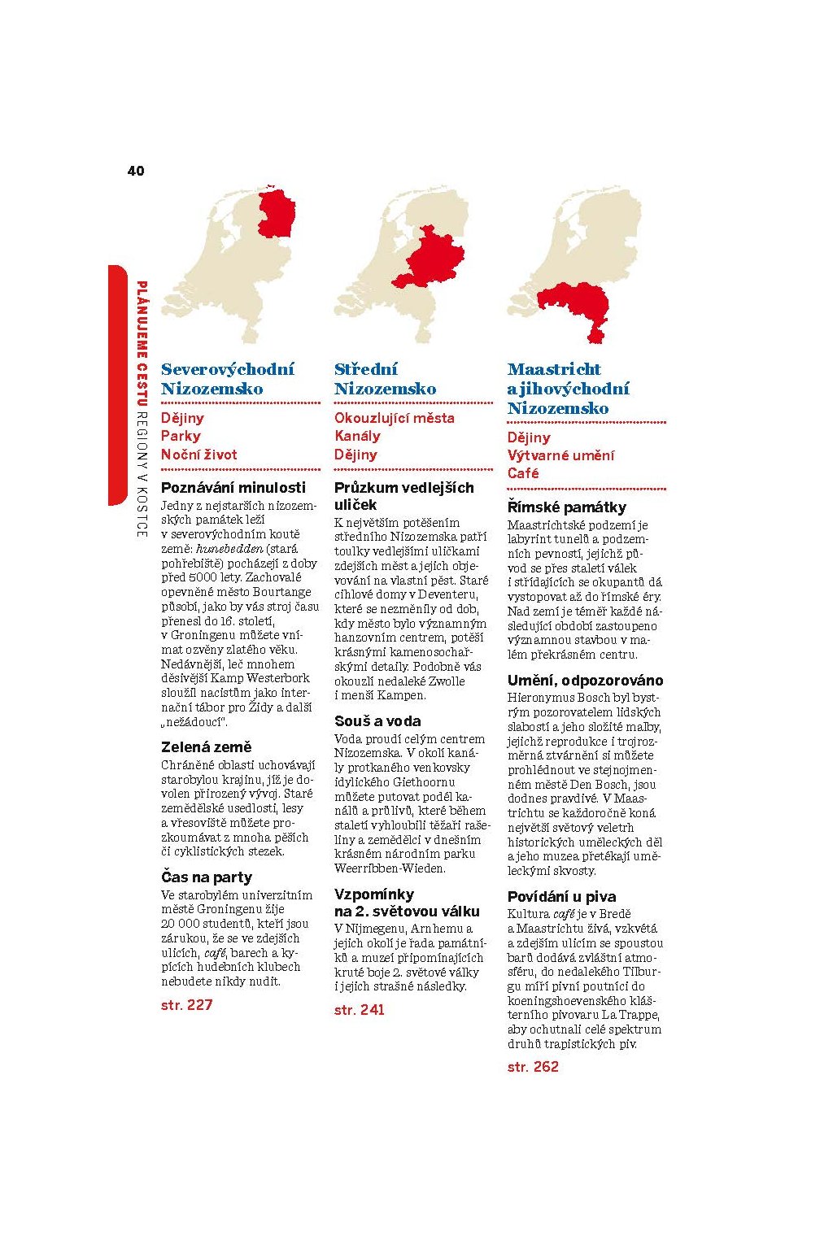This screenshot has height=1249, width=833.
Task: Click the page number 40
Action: [136, 171]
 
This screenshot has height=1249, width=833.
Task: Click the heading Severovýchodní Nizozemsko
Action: [228, 379]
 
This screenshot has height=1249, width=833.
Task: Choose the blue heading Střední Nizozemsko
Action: [385, 379]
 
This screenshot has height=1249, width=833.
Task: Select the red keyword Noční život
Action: [199, 455]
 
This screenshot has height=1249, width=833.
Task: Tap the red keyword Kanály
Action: [357, 436]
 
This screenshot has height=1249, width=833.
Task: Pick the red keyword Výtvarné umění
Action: [560, 455]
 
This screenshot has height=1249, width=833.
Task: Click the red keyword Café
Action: [523, 473]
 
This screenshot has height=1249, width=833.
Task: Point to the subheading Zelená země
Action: [207, 746]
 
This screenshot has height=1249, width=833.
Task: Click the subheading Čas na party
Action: [207, 877]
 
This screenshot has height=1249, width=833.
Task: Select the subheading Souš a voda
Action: [377, 720]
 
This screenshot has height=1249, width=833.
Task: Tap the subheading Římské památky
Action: [567, 507]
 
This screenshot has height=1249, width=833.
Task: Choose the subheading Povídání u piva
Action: [562, 897]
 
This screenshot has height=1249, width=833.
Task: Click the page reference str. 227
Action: [187, 1005]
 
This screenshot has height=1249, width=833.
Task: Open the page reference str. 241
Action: [359, 1010]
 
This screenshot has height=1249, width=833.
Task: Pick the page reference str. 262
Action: [533, 1067]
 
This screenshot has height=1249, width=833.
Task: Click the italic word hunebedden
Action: [229, 549]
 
